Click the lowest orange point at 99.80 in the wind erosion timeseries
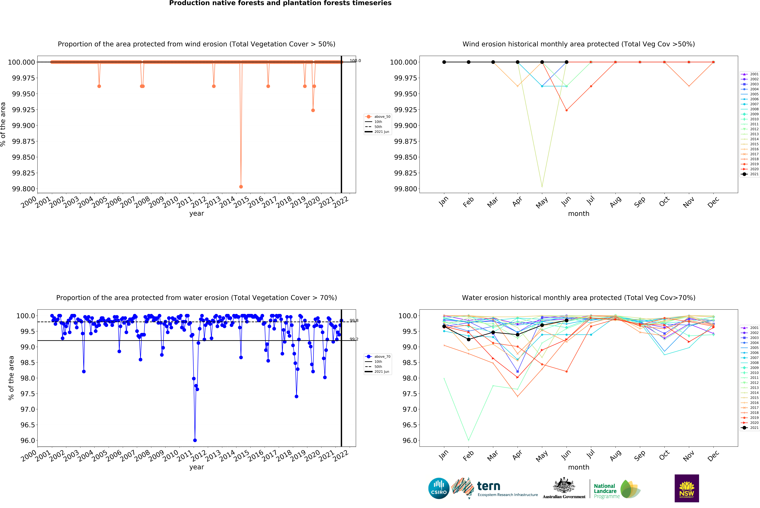[x=241, y=187]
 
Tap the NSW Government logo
[x=686, y=488]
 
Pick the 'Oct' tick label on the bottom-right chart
[x=664, y=455]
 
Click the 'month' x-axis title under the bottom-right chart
[x=579, y=467]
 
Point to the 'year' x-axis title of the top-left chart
[x=197, y=213]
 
